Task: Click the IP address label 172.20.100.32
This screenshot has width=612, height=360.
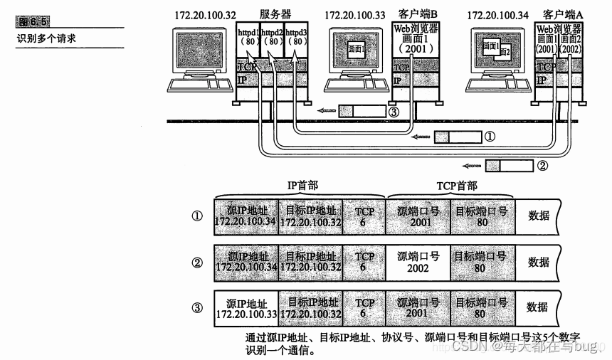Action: coord(203,14)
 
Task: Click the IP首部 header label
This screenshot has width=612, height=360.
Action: coord(302,186)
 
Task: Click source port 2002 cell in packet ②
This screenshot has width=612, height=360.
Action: coord(418,261)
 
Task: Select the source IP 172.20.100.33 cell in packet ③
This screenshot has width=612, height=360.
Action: coord(246,307)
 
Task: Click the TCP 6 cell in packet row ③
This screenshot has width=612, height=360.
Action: coord(364,307)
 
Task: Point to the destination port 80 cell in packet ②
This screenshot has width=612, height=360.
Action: coord(480,261)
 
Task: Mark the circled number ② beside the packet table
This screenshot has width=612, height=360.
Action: coord(198,261)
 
